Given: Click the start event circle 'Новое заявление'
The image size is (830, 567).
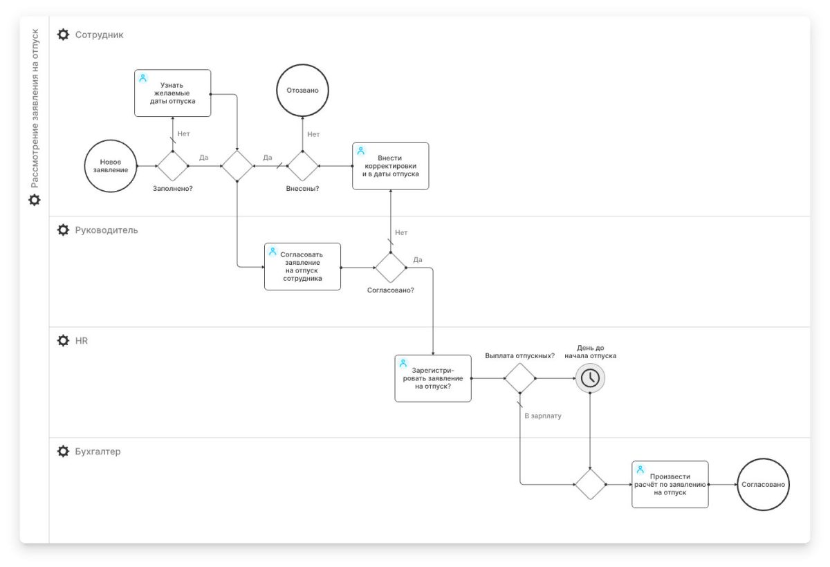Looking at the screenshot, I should click(x=111, y=166).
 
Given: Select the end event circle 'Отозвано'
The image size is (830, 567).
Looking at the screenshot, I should click(x=303, y=91).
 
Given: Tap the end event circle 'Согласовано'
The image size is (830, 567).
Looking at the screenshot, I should click(x=763, y=485).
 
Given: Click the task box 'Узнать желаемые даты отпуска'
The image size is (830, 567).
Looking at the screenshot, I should click(x=172, y=93).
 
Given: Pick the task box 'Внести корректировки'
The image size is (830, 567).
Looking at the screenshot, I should click(x=390, y=166).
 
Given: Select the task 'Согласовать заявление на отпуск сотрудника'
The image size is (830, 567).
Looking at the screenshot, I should click(x=302, y=266).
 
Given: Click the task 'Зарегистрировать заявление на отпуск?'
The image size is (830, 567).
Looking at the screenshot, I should click(x=432, y=378).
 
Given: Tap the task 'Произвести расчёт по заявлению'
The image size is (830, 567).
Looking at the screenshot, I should click(x=670, y=484).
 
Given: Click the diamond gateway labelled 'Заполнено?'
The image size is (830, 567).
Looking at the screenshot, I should click(x=172, y=166).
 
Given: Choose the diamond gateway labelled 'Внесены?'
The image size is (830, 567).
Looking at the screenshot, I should click(x=302, y=166).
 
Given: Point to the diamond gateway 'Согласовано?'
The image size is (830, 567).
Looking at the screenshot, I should click(x=391, y=267).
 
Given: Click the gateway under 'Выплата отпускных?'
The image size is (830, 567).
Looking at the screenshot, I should click(x=519, y=378).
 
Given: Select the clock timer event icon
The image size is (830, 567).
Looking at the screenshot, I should click(x=590, y=378).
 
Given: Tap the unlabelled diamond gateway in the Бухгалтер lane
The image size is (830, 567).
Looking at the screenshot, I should click(x=590, y=484).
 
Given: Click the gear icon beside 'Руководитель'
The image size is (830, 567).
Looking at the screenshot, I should click(x=63, y=230).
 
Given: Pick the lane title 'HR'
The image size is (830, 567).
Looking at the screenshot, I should click(x=82, y=341).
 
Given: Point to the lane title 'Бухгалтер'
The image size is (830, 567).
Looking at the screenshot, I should click(x=98, y=452).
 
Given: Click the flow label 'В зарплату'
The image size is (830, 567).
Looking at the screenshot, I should click(x=543, y=416).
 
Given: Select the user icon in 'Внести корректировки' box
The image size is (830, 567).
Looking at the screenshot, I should click(x=360, y=151).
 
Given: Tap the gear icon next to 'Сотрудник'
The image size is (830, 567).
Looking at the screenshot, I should click(x=63, y=35).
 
